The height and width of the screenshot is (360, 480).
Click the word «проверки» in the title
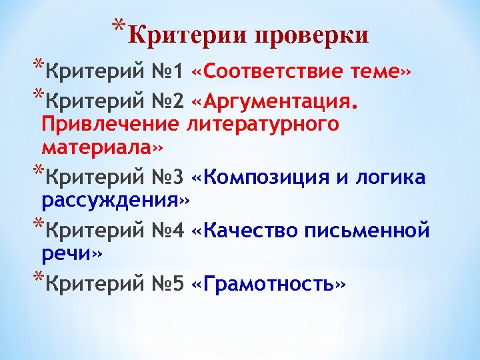click(x=311, y=35)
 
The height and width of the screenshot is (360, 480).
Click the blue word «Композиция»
click(x=266, y=178)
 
